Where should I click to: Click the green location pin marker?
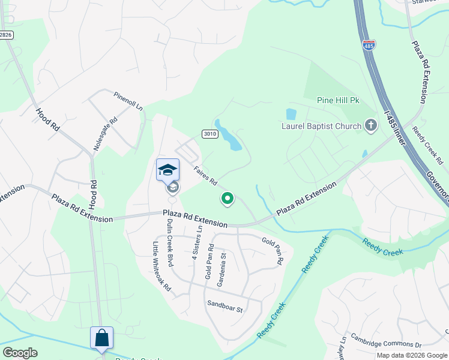tap(228, 197)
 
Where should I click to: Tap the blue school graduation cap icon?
tap(167, 170)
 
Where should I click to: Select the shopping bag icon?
tap(101, 337)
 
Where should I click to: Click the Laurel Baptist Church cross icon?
tap(371, 125)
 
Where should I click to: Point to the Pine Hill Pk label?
tap(338, 101)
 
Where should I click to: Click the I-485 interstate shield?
tap(369, 44)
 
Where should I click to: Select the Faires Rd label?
tap(205, 176)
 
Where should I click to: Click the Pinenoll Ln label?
tap(128, 100)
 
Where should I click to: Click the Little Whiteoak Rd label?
tap(161, 266)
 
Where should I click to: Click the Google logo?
tap(20, 353)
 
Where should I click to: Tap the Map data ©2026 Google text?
tap(412, 355)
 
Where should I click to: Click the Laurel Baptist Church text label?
tap(322, 126)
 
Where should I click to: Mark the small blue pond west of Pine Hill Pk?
tap(291, 113)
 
